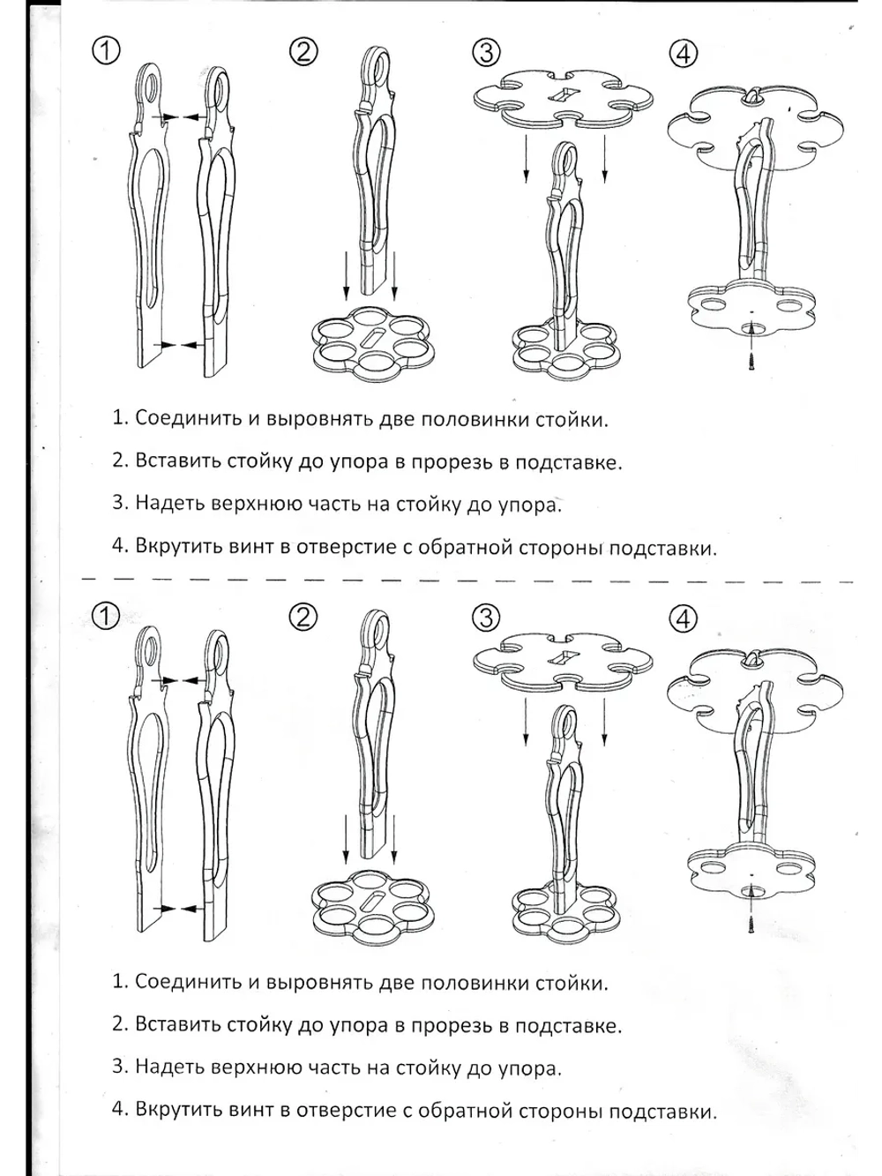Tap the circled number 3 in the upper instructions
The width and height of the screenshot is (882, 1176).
485,52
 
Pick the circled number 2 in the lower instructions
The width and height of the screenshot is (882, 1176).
303,618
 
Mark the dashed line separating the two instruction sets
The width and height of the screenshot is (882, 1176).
441,581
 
